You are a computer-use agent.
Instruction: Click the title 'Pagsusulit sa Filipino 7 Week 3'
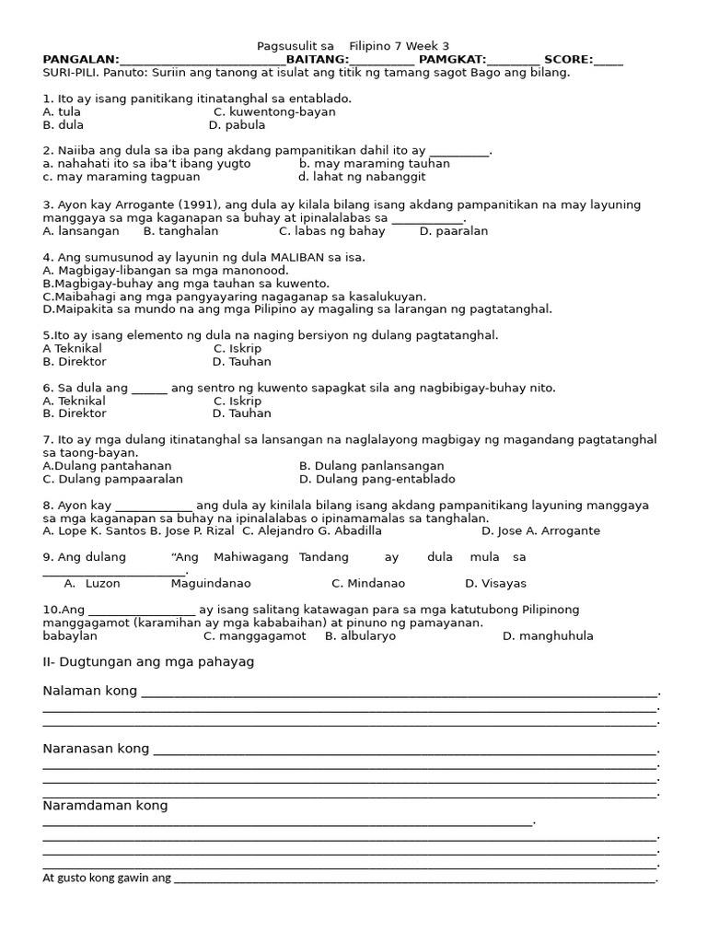click(353, 46)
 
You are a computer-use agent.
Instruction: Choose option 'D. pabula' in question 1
click(237, 125)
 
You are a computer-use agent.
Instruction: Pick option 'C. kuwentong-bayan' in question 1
click(274, 112)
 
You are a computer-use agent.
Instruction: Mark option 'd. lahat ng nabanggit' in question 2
click(362, 177)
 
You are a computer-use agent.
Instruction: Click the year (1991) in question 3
click(185, 205)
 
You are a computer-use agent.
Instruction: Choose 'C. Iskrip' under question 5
click(238, 349)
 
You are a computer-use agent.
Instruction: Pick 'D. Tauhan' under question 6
click(241, 414)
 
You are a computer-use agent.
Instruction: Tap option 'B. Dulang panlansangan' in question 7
click(371, 466)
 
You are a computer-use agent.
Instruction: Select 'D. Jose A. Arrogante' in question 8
click(540, 531)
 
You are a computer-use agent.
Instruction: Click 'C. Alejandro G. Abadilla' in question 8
click(312, 531)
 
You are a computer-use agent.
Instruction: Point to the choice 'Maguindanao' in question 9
click(211, 584)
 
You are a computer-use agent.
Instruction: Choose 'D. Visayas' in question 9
click(495, 584)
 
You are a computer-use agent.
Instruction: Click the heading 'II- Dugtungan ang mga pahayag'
click(148, 662)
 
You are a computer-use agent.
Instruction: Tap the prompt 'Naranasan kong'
click(96, 749)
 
